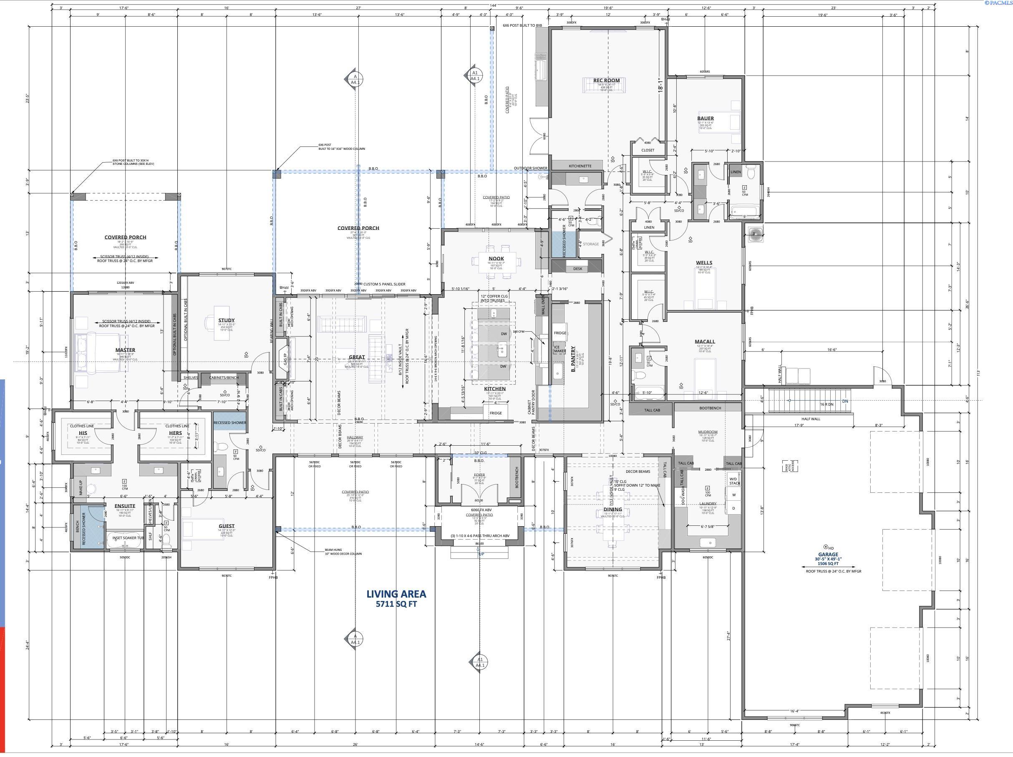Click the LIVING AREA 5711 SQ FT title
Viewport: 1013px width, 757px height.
click(x=396, y=598)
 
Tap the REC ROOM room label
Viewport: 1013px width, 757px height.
click(x=606, y=81)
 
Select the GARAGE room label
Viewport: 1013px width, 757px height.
click(x=828, y=554)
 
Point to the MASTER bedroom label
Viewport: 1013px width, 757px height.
click(x=125, y=350)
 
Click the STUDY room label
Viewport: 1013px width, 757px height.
click(x=226, y=320)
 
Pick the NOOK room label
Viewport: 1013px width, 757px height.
click(x=496, y=259)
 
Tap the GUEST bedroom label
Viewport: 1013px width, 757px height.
click(x=226, y=526)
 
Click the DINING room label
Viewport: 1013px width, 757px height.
click(x=613, y=509)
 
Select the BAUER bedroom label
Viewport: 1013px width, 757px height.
click(x=705, y=118)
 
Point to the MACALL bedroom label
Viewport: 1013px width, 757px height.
click(x=704, y=342)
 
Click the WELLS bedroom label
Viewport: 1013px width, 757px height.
click(x=704, y=263)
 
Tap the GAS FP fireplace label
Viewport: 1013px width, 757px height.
click(x=285, y=358)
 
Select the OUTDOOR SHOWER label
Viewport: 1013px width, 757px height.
click(x=530, y=168)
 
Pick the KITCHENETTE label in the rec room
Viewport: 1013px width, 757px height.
click(x=580, y=166)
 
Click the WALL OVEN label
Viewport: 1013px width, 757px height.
click(x=544, y=305)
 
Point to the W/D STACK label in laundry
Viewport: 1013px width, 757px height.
click(x=734, y=481)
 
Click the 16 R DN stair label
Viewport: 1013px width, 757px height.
click(x=826, y=404)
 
